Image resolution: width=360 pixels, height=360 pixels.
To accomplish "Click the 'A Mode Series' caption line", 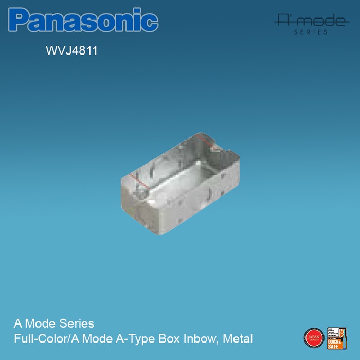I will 54,324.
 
